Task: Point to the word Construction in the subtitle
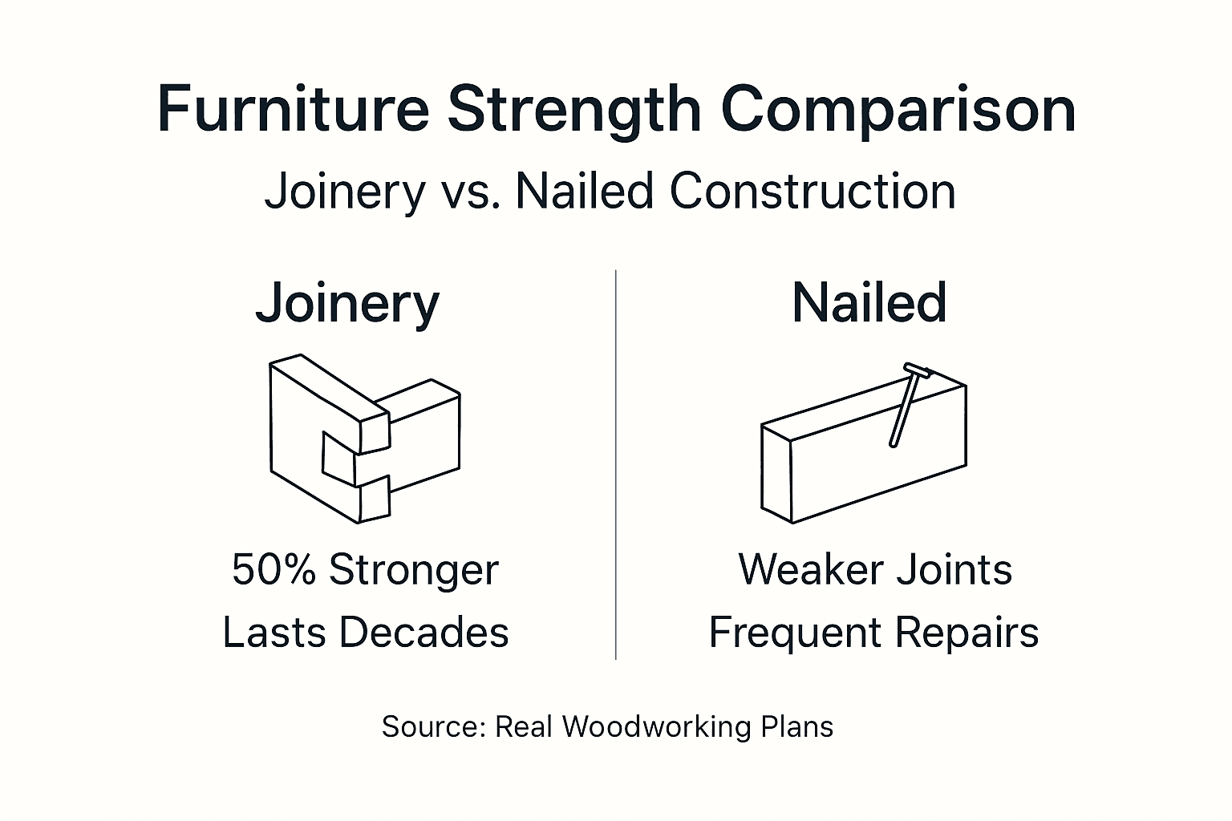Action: click(812, 192)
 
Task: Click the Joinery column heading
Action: click(347, 304)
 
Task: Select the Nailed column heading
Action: click(869, 303)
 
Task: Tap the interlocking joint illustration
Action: click(365, 439)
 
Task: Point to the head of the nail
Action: click(917, 370)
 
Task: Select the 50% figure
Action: click(274, 570)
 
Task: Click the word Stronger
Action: click(414, 571)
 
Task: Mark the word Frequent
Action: click(795, 633)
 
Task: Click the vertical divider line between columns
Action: click(615, 465)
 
